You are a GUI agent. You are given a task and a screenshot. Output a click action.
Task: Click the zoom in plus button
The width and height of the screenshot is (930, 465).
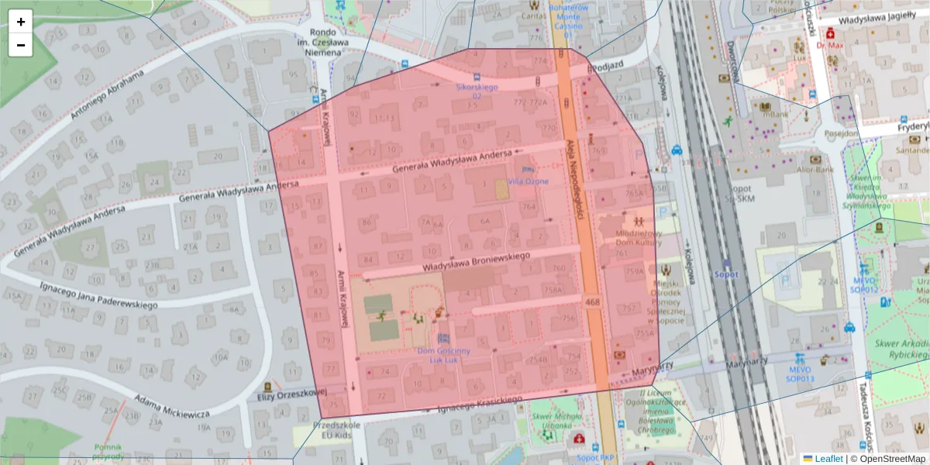click(21, 22)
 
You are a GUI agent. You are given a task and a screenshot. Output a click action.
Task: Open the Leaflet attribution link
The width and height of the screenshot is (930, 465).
click(827, 458)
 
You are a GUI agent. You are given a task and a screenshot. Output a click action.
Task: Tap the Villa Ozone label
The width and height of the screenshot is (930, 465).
click(528, 181)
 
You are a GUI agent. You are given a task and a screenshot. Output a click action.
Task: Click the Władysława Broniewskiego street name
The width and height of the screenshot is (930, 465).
click(475, 260)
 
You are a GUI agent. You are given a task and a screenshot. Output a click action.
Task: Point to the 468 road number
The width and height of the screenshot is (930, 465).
click(593, 301)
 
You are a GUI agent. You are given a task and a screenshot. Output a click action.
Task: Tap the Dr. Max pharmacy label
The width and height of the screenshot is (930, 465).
click(829, 45)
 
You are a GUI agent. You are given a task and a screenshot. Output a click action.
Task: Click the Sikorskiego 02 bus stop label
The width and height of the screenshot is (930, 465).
click(475, 91)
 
